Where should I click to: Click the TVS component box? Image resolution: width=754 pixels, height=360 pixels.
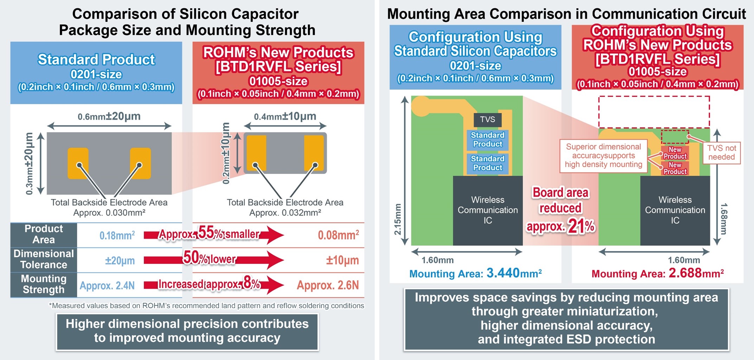(487, 120)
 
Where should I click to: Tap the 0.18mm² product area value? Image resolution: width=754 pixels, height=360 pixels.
(117, 235)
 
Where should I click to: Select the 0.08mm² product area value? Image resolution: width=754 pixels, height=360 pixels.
(338, 235)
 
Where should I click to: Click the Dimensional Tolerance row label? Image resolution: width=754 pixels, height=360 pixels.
(44, 259)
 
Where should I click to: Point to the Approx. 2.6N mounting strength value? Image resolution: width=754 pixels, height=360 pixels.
(328, 285)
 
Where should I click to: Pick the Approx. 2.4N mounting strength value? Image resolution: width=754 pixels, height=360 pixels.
(107, 285)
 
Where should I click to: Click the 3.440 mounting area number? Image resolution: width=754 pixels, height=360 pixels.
(503, 273)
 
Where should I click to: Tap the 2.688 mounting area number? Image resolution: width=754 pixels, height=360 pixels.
(685, 273)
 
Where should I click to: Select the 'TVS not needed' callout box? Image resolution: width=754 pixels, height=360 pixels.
(721, 153)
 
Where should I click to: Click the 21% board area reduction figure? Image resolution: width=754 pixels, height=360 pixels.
(581, 227)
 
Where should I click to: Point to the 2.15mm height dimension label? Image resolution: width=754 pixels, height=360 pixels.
(397, 219)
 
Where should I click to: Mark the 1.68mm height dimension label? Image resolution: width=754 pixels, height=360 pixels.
(723, 219)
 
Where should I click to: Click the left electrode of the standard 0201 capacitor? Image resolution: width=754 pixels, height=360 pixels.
(78, 163)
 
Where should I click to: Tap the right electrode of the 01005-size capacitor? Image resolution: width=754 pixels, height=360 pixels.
(314, 153)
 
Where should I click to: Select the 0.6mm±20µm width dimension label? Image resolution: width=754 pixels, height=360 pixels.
(109, 116)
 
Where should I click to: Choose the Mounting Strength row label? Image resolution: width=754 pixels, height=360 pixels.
(44, 284)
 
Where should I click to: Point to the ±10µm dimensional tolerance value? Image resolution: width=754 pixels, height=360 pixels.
(342, 260)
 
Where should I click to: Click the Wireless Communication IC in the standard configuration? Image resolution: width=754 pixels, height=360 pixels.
(488, 210)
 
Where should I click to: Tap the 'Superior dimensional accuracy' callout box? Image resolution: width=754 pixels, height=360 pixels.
(603, 155)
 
